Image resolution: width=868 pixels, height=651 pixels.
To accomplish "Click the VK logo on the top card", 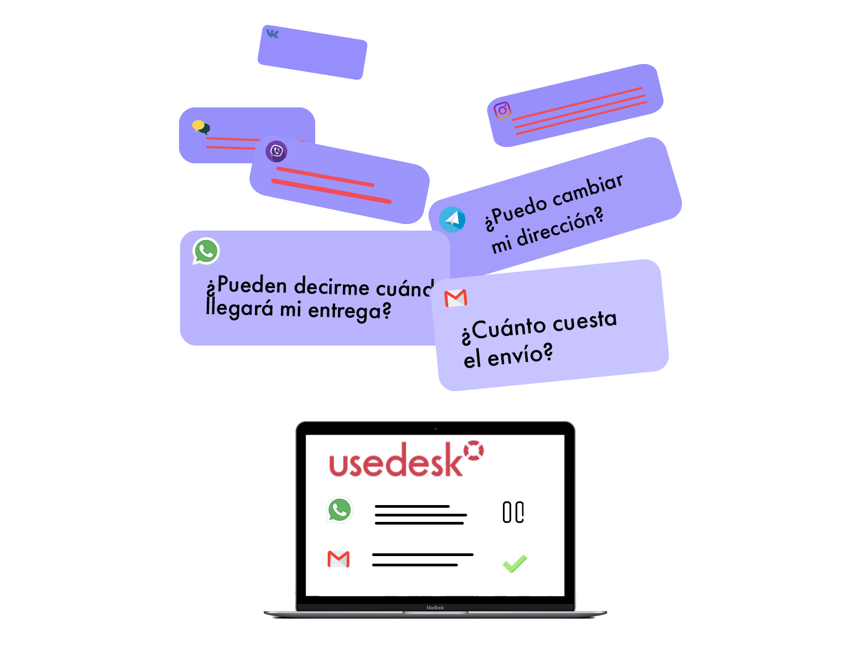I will pos(272,34).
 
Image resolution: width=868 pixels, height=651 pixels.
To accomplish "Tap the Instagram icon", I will pos(502,111).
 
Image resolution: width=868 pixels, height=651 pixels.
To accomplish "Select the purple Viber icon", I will pos(276,151).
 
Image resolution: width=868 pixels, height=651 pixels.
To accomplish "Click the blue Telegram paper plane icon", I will pos(452,220).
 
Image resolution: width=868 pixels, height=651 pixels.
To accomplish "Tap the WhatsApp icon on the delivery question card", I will pos(206,251).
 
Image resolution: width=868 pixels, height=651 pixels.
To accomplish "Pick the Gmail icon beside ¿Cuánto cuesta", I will pos(456,298).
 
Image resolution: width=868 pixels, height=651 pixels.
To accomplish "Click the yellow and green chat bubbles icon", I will pos(201,127).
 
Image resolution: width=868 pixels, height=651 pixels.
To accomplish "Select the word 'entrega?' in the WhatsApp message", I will pos(349,311).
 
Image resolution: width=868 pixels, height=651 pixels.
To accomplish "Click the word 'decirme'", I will pos(331,286).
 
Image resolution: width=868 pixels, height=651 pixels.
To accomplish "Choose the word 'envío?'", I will pos(520,356).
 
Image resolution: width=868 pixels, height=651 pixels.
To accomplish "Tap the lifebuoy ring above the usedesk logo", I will pos(474,450).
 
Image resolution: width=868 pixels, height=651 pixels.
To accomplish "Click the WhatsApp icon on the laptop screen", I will pos(340,510).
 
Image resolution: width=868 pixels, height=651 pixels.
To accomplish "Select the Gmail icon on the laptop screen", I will pos(339,559).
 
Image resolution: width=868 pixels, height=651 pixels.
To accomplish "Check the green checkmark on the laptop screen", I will pos(514,564).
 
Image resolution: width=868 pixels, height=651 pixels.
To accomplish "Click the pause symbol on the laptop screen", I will pos(513,512).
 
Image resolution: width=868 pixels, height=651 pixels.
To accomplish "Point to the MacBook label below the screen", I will pos(435,608).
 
